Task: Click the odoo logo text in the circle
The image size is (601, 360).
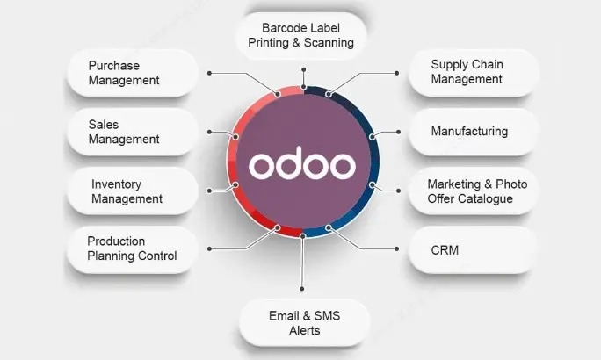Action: pyautogui.click(x=302, y=164)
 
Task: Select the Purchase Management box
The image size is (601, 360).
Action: pyautogui.click(x=133, y=73)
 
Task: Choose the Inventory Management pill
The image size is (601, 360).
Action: pyautogui.click(x=133, y=191)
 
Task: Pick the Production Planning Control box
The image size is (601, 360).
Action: pyautogui.click(x=133, y=249)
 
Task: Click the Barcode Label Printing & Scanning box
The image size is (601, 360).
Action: pyautogui.click(x=301, y=36)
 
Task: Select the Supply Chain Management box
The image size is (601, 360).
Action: pyautogui.click(x=474, y=73)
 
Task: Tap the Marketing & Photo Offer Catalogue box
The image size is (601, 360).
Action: pyautogui.click(x=474, y=191)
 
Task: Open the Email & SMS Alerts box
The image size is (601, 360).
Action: pyautogui.click(x=305, y=323)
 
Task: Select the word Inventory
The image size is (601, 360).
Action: pyautogui.click(x=116, y=184)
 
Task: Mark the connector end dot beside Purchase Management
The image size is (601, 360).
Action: pyautogui.click(x=209, y=73)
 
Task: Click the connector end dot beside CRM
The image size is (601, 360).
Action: pyautogui.click(x=396, y=249)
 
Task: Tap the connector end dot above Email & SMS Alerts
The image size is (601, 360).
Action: pyautogui.click(x=302, y=289)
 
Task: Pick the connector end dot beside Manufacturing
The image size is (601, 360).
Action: pyautogui.click(x=398, y=132)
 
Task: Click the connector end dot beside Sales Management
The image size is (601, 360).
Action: pyautogui.click(x=209, y=132)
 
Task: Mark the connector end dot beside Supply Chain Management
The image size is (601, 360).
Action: pyautogui.click(x=396, y=73)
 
